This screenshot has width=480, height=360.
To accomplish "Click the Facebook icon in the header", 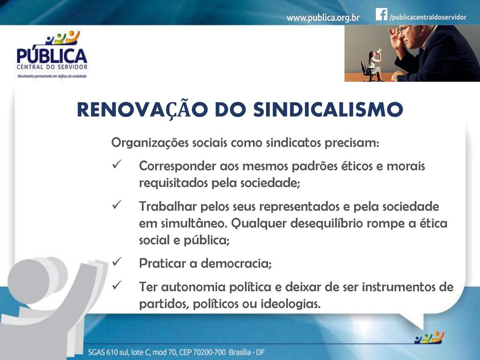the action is pyautogui.click(x=382, y=14).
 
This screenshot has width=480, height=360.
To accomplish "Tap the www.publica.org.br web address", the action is pyautogui.click(x=323, y=18).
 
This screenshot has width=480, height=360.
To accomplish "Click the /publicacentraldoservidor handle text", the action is pyautogui.click(x=427, y=17).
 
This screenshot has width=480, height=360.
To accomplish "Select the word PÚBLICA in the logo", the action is pyautogui.click(x=52, y=56).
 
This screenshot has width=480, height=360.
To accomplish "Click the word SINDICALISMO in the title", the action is pyautogui.click(x=328, y=109).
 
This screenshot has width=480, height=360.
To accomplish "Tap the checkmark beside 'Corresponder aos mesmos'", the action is pyautogui.click(x=117, y=164).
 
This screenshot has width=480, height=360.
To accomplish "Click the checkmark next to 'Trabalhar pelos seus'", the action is pyautogui.click(x=117, y=204).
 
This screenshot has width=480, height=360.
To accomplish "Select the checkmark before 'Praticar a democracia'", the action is pyautogui.click(x=117, y=261).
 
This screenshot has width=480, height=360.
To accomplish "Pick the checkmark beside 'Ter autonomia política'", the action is pyautogui.click(x=117, y=285).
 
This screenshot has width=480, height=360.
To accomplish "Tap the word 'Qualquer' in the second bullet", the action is pyautogui.click(x=259, y=224).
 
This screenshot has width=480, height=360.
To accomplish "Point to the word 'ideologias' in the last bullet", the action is pyautogui.click(x=291, y=304).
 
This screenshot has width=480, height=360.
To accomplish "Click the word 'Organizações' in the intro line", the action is pyautogui.click(x=150, y=143).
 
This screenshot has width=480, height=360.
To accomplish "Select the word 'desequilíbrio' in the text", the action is pyautogui.click(x=326, y=224).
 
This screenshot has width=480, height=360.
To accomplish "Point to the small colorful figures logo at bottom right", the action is pyautogui.click(x=429, y=337).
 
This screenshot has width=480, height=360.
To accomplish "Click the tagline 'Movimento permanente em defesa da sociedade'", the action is pyautogui.click(x=52, y=76).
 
